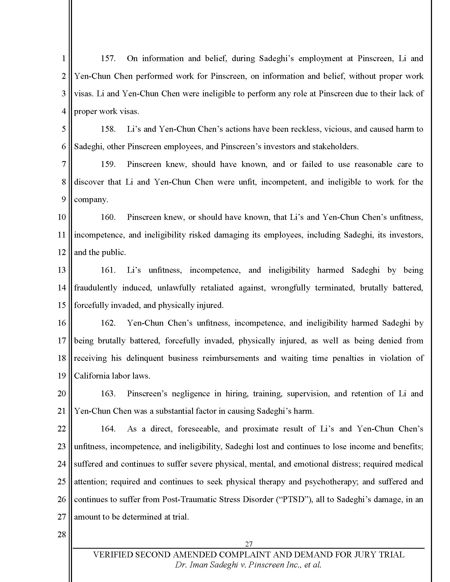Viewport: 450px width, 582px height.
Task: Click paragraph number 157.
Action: (108, 58)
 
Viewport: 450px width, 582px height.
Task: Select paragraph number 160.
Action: (108, 217)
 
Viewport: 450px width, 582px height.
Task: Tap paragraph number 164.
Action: (108, 429)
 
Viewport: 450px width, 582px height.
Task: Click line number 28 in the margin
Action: (62, 534)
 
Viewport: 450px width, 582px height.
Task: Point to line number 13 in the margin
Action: (62, 270)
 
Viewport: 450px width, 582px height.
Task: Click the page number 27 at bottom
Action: (249, 544)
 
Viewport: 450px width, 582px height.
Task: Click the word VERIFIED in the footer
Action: (112, 554)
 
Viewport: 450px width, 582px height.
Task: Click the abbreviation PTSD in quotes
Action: (293, 499)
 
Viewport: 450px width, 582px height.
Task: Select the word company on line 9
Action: (91, 199)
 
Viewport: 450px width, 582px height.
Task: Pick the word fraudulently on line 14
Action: (96, 288)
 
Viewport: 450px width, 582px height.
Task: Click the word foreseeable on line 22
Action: (199, 429)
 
